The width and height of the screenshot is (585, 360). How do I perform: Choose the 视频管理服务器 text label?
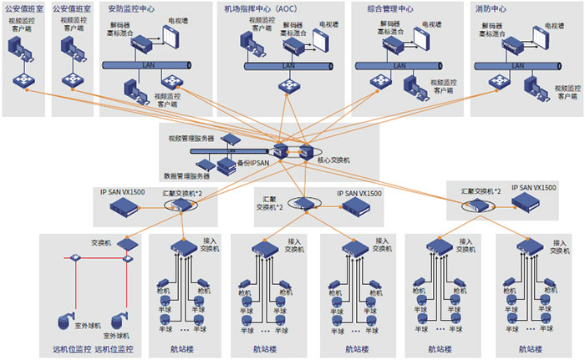tap(191, 138)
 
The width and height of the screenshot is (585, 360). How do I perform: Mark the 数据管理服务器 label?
tap(186, 175)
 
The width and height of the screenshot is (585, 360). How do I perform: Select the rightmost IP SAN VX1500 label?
tap(535, 190)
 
